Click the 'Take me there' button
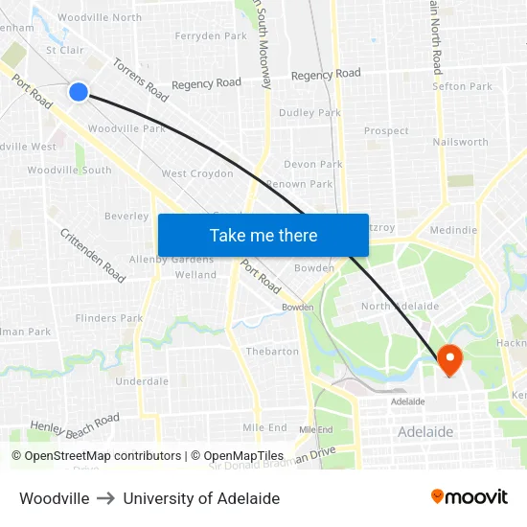(263, 235)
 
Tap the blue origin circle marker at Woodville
(79, 91)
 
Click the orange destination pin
(448, 359)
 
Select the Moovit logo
(470, 496)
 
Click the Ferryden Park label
(211, 36)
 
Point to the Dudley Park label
(309, 113)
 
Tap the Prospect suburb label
(386, 131)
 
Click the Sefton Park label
(462, 86)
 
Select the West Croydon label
(197, 173)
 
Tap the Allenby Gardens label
(172, 260)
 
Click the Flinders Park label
(109, 318)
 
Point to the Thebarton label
(272, 352)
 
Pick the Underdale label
(142, 381)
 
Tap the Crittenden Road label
(93, 256)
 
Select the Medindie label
(453, 230)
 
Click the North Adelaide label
(400, 307)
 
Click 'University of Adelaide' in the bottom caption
(201, 498)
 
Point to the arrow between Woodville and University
(105, 498)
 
